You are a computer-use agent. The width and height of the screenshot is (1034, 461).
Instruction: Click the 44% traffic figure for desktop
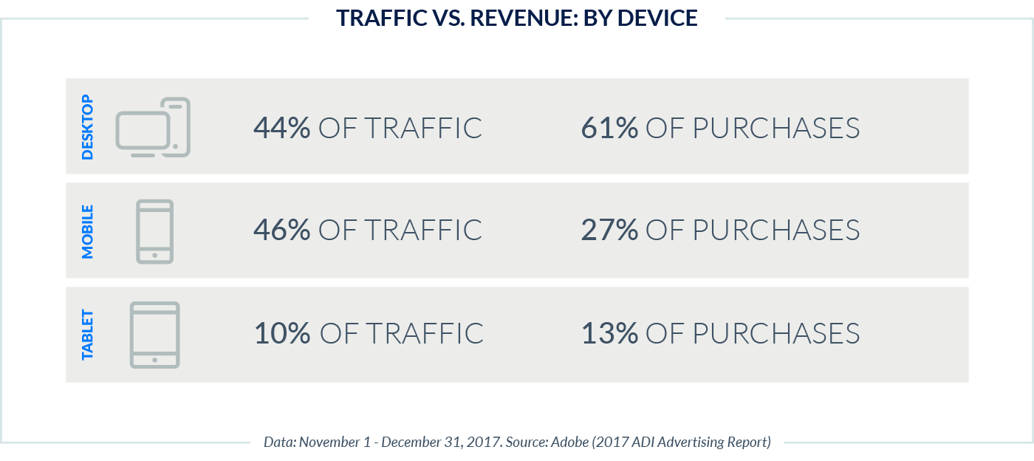click(281, 128)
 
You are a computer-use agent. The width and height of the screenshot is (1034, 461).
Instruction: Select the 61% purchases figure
click(609, 128)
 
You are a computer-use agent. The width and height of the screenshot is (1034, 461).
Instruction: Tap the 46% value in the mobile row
click(281, 230)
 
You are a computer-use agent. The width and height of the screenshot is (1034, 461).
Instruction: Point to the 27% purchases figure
click(609, 230)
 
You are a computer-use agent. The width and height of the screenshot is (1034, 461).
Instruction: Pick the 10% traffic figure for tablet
click(282, 333)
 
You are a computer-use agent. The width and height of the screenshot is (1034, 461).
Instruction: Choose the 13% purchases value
click(609, 333)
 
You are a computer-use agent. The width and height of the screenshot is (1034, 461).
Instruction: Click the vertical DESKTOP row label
click(88, 127)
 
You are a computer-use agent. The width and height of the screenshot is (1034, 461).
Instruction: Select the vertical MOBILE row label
click(88, 230)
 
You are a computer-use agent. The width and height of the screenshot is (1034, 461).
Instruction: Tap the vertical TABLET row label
click(88, 334)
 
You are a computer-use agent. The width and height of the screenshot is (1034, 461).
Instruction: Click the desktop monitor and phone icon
click(153, 127)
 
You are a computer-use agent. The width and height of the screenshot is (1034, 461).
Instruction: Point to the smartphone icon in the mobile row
click(154, 230)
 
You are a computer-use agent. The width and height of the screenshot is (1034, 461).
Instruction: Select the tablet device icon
click(154, 334)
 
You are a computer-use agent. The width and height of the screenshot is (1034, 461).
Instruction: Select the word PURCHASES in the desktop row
click(775, 128)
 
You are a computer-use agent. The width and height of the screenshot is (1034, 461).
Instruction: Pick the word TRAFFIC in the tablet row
click(424, 333)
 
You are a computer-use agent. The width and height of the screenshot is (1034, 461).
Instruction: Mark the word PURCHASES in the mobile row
click(775, 230)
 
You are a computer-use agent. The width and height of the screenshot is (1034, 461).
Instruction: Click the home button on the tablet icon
click(154, 360)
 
